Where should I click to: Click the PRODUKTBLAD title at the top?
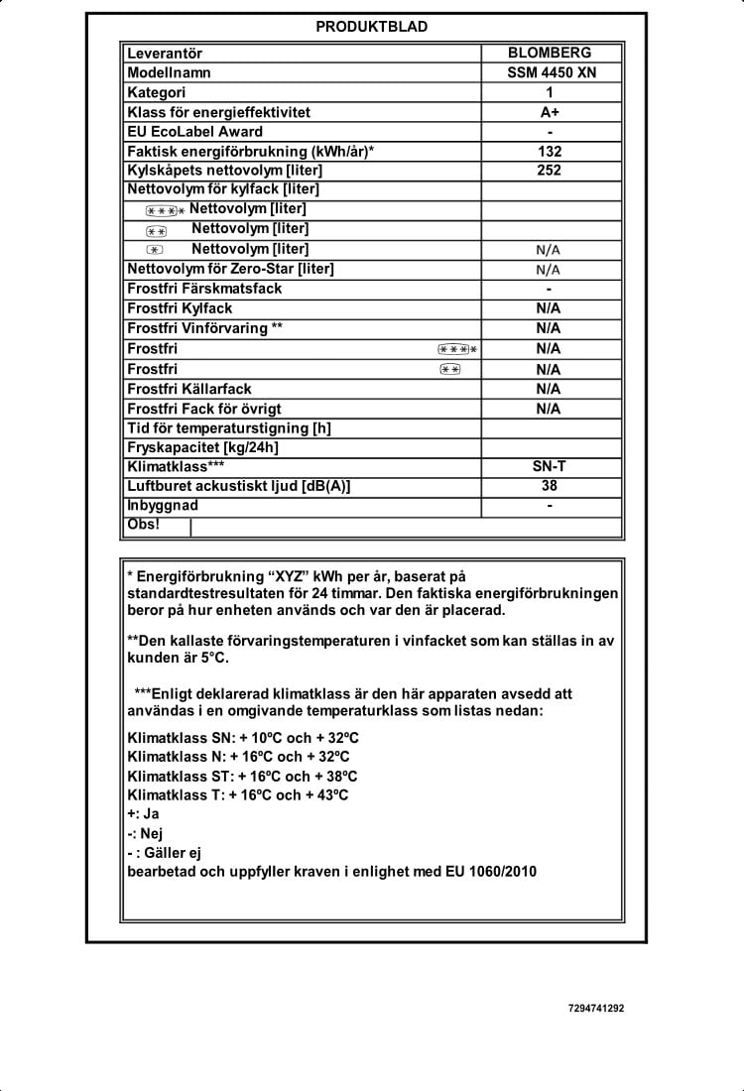coord(372,27)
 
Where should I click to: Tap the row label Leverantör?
coord(165,53)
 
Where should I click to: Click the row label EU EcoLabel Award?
coord(195,132)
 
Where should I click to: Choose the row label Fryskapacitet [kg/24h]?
coord(203,447)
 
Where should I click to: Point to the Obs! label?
coord(143,524)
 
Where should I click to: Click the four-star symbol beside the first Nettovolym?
coord(164,210)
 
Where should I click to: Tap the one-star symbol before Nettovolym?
coord(154,250)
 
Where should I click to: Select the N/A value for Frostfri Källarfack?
coord(549,389)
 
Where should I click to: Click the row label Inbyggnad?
coord(163,505)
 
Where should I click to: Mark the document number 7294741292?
coord(596,1008)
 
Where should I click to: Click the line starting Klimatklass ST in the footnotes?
coord(243,776)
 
